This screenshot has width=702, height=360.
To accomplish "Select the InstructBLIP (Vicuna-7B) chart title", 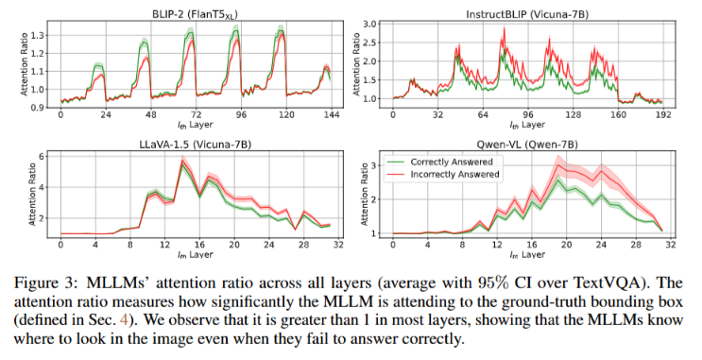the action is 527,14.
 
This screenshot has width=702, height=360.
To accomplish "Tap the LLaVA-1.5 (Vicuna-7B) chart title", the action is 195,145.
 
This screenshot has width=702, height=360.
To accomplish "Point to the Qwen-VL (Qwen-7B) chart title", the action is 526,145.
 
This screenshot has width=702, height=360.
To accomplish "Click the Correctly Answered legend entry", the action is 452,163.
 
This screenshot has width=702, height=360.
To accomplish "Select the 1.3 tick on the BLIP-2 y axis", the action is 37,35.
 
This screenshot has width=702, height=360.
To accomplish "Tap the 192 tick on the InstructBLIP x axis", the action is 663,115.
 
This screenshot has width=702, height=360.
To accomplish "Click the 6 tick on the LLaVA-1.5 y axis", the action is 41,156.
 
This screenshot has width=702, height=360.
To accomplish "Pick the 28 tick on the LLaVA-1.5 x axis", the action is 304,245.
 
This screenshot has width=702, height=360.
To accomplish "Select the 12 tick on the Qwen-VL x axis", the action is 497,245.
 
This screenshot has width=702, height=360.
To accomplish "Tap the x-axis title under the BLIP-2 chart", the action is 196,125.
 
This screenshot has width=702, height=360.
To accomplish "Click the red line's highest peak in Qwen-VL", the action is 557,164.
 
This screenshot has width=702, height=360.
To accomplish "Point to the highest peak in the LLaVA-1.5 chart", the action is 182,161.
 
